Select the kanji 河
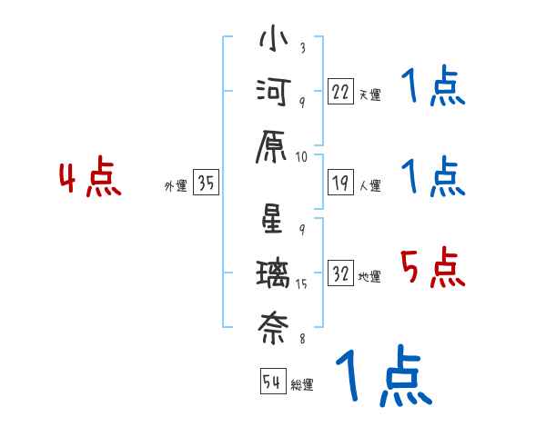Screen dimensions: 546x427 click(273, 93)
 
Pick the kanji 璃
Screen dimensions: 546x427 click(273, 273)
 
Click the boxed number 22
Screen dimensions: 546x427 click(340, 93)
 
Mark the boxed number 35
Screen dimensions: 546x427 click(206, 184)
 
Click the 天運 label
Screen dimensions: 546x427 click(369, 94)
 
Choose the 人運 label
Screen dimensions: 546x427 click(369, 186)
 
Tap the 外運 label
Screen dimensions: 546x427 click(175, 186)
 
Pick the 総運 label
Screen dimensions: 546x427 click(302, 385)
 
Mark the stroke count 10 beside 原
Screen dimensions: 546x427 click(302, 157)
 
